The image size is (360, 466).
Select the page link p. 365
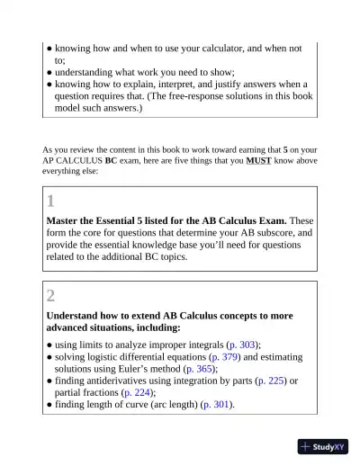tap(199, 369)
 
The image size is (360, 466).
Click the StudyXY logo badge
tap(322, 446)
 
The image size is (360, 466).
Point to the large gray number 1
tap(51, 201)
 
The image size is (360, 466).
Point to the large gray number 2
tap(51, 296)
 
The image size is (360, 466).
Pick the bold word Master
tap(64, 220)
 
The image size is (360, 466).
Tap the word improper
tap(171, 345)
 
